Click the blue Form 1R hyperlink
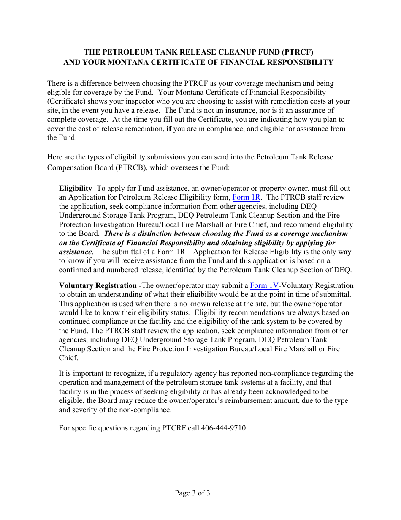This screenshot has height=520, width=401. coord(247,197)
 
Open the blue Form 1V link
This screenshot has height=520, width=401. coord(264,286)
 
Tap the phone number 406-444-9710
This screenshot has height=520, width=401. coord(226,428)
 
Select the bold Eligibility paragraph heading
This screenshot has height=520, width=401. coord(75,188)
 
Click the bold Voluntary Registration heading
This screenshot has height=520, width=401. coord(98,286)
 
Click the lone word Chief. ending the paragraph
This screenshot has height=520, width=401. coord(68,358)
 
